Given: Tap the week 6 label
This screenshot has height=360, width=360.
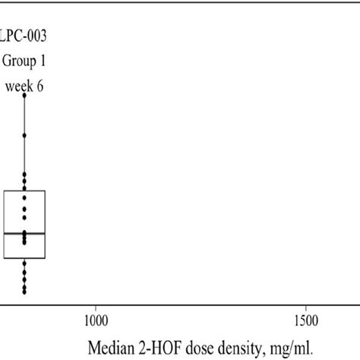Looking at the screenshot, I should (x=24, y=86).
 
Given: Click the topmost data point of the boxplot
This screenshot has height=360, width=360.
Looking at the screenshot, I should (x=24, y=95).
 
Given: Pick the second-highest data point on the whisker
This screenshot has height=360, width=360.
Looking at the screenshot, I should (x=24, y=135).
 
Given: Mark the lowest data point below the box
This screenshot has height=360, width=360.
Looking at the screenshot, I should (x=24, y=292).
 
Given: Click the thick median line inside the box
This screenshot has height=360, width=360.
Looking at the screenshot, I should (x=24, y=233).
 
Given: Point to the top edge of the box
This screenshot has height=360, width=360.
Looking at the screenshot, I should (x=24, y=191).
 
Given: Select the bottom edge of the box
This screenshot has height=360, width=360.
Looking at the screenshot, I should (x=24, y=259).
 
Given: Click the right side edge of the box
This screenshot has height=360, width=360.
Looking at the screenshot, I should (x=46, y=225).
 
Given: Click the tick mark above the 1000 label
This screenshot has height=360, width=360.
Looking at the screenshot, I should (x=96, y=307).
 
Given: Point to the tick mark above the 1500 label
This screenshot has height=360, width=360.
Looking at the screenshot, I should (x=305, y=307).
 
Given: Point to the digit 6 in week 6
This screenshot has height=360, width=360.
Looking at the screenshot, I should (x=39, y=86).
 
